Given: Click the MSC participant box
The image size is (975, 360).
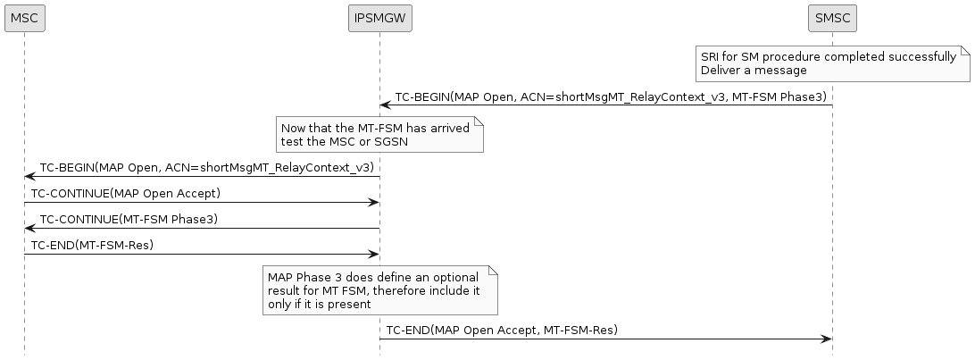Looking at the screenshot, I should tap(24, 17).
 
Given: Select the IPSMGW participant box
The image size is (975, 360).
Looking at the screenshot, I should tap(379, 17).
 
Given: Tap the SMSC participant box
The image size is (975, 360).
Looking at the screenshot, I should tap(831, 17).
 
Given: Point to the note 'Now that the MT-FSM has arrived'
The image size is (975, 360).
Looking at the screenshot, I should tap(379, 134).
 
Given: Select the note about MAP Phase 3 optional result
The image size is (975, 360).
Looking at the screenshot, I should tap(379, 290).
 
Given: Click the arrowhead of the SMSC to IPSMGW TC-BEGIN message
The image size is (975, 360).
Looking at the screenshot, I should tap(386, 105).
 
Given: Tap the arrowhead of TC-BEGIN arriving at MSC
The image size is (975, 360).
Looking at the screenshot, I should tap(30, 177).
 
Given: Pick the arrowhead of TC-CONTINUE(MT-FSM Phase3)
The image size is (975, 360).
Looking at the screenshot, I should tap(30, 229).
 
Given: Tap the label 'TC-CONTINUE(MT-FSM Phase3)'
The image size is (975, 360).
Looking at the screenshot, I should tap(129, 219).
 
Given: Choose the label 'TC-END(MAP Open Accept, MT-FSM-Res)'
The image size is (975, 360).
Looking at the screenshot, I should tap(502, 330).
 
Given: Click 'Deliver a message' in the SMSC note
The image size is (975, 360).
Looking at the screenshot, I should tap(754, 70).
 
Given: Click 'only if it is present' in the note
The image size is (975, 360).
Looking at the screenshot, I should tap(319, 304).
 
